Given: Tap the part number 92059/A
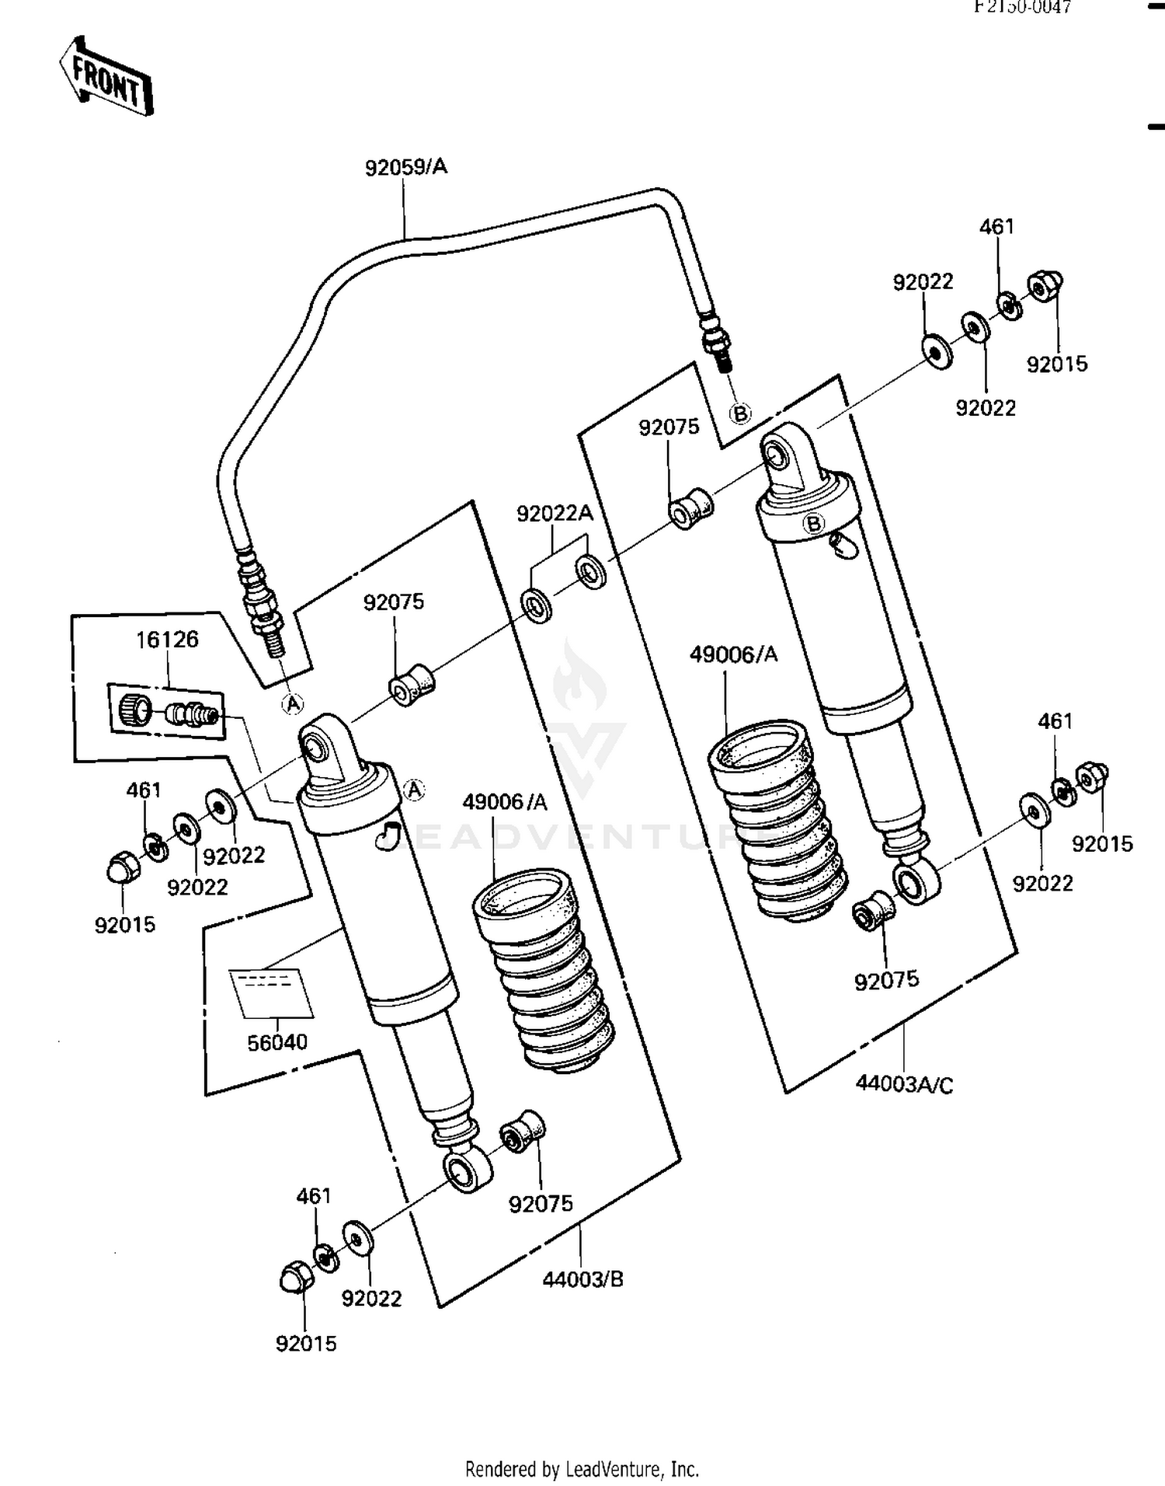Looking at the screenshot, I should tap(406, 167).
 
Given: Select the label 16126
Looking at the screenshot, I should tap(167, 640).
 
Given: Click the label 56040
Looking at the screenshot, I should tap(277, 1042).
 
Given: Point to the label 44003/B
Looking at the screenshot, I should tap(582, 1278).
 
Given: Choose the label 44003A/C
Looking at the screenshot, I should tap(904, 1083).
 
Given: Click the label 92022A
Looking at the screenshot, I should tap(555, 513).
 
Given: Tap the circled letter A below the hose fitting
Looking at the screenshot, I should tap(292, 704).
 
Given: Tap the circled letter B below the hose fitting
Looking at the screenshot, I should tap(740, 413).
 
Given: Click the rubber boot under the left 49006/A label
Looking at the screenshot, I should tap(544, 971).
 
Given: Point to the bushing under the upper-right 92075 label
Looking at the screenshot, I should tap(690, 509).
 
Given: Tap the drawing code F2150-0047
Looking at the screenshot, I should tap(1023, 7).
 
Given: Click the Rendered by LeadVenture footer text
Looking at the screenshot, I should tap(582, 1469).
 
